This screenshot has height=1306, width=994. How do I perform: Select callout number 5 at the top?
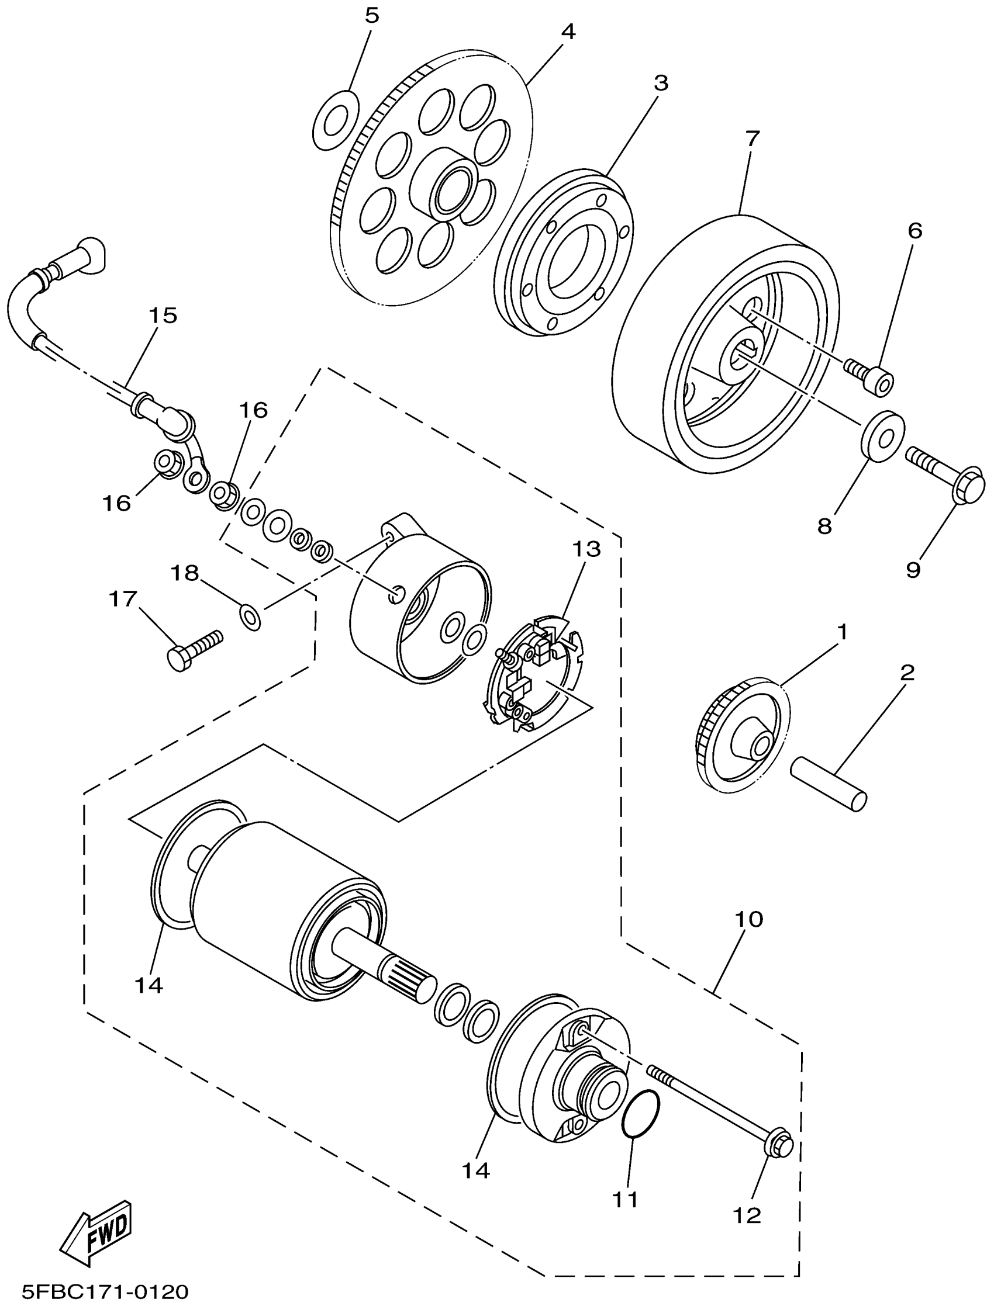tap(371, 16)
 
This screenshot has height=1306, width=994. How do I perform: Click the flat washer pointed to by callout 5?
tap(334, 120)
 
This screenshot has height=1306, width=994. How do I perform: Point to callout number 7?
tap(752, 139)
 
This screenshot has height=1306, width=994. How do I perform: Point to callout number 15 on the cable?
tap(163, 316)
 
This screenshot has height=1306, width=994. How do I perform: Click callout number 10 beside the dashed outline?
tap(749, 919)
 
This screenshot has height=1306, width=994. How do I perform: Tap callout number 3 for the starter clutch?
tap(660, 83)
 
